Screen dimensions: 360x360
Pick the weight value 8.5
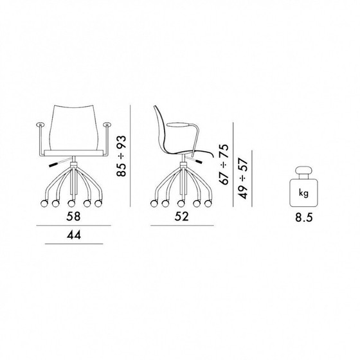(304, 217)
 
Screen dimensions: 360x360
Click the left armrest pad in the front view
(40, 124)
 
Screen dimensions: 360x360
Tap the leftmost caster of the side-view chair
(154, 204)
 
